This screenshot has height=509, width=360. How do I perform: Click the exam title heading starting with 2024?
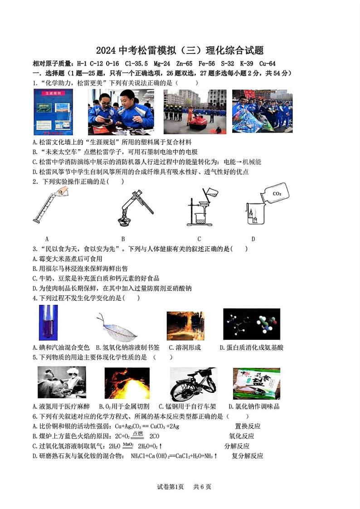click(x=180, y=50)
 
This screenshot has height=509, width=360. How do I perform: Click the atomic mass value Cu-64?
click(x=267, y=64)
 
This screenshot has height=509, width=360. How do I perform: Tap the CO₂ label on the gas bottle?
click(x=277, y=194)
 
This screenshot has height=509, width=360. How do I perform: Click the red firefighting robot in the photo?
click(x=196, y=122)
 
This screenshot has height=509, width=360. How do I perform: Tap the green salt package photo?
click(x=256, y=384)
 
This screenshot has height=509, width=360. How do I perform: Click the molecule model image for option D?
click(x=251, y=324)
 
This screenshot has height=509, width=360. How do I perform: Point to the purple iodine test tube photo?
click(x=48, y=323)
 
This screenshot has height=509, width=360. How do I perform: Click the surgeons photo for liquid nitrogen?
click(x=62, y=382)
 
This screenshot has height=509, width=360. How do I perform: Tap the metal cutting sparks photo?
click(x=127, y=383)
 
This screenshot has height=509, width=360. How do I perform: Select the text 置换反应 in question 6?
click(x=248, y=426)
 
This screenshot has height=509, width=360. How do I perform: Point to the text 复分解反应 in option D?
click(x=247, y=456)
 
